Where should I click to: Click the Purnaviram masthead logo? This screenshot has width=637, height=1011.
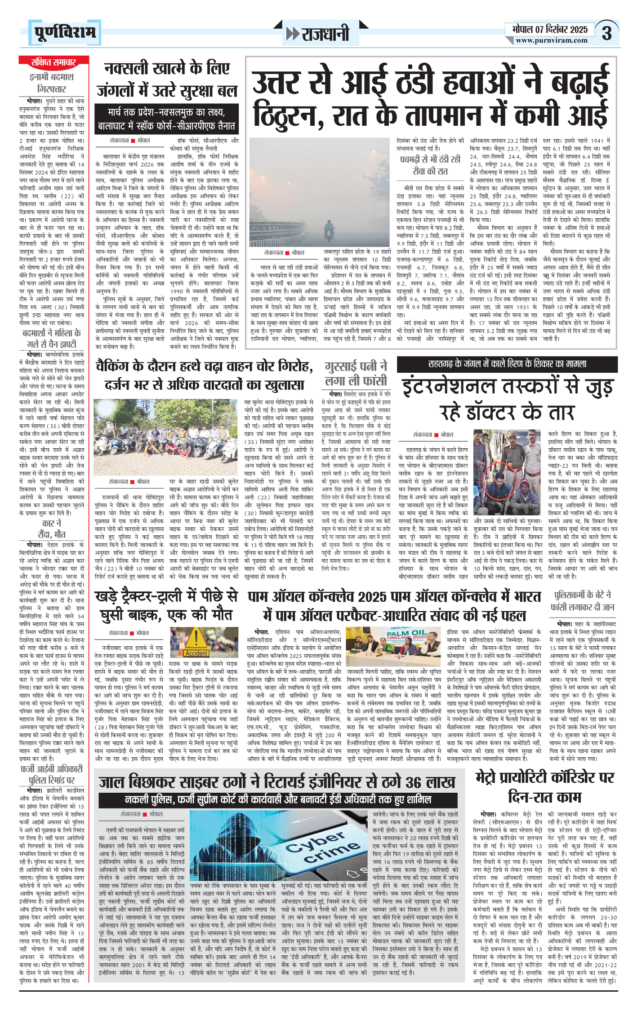(x=65, y=32)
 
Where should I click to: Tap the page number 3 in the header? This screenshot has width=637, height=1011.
(x=607, y=33)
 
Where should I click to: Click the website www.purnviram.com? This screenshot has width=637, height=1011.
(x=552, y=40)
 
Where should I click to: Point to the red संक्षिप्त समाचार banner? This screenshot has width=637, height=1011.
(x=53, y=62)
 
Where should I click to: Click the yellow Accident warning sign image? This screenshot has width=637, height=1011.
(x=196, y=643)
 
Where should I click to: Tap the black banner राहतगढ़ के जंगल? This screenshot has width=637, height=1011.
(x=507, y=364)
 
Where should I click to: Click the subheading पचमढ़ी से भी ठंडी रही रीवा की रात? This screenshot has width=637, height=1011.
(x=430, y=165)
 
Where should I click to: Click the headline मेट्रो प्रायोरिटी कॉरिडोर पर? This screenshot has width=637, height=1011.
(x=545, y=777)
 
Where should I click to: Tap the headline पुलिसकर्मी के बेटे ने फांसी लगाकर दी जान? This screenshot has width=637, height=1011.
(x=583, y=601)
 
